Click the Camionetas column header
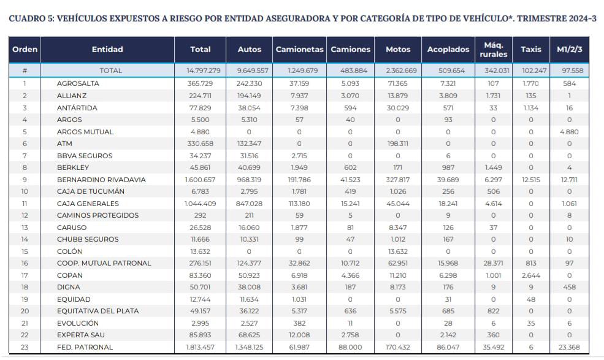[300, 49]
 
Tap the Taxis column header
[530, 49]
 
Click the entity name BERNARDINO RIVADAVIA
[102, 180]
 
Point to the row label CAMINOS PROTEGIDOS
[97, 215]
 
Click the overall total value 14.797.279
[200, 71]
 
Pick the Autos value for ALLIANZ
[248, 96]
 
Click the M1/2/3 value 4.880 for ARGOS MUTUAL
[569, 132]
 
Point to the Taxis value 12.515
[530, 180]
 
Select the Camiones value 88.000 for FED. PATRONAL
[350, 347]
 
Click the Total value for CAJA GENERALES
[200, 204]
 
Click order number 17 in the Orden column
[25, 275]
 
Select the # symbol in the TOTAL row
[25, 71]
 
